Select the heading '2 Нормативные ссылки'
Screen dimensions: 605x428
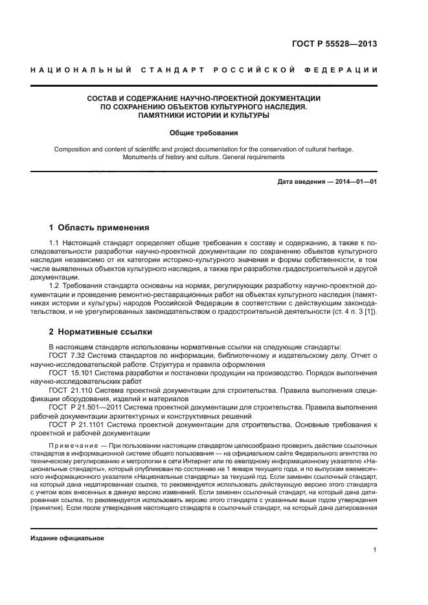100,332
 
